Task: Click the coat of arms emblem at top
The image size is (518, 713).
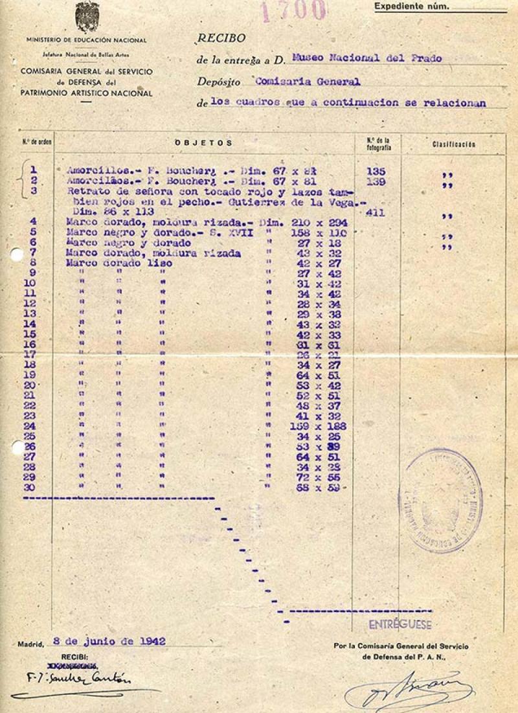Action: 87,17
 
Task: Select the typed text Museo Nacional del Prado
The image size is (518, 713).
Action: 366,58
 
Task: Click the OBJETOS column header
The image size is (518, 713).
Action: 203,142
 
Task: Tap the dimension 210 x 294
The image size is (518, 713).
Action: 324,222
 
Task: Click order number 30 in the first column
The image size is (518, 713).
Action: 30,487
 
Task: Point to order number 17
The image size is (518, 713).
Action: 30,354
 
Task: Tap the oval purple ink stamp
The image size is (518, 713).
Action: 440,500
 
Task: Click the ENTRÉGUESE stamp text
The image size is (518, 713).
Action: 400,625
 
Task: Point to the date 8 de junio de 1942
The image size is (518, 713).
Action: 109,641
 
